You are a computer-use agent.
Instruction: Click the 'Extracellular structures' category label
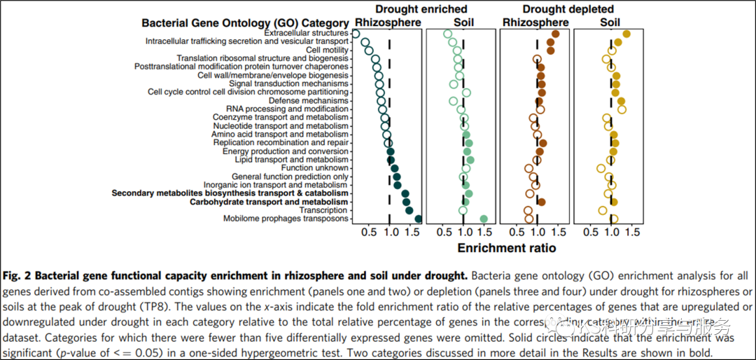[306, 33]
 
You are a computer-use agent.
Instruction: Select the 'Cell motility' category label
[326, 50]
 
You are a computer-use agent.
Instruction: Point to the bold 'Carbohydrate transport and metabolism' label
[269, 202]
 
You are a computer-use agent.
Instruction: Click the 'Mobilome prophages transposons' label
[286, 219]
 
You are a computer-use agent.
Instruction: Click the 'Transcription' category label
[323, 210]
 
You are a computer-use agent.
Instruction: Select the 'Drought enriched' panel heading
[421, 9]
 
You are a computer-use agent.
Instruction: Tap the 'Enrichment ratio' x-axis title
[506, 248]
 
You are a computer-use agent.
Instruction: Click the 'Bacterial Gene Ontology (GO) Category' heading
[244, 22]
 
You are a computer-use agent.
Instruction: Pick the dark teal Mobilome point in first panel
[418, 219]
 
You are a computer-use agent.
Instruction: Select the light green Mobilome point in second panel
[483, 219]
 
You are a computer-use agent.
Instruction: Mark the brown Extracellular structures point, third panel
[555, 34]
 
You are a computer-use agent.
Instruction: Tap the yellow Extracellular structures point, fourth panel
[626, 34]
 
